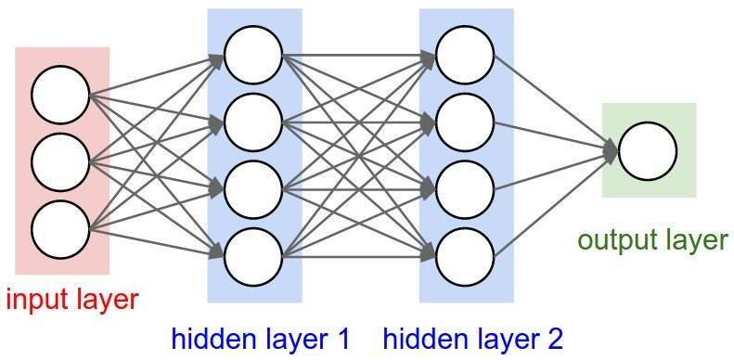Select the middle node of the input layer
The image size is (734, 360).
(60, 162)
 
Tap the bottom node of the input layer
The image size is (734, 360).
(60, 227)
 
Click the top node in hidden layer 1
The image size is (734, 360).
(252, 55)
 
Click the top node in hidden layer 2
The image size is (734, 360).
(465, 55)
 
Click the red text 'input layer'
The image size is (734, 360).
(71, 299)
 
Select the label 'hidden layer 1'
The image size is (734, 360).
(261, 339)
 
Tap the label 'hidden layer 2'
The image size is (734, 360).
(472, 339)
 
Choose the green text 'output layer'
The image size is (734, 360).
(652, 240)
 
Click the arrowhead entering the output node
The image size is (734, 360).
(611, 150)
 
